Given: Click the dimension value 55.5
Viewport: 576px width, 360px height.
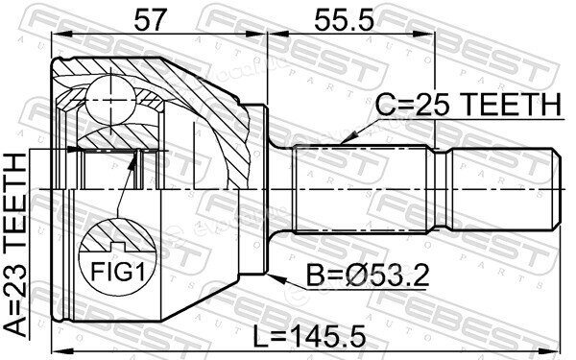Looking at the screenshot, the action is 344,20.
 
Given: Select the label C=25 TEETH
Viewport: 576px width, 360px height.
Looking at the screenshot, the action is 468,105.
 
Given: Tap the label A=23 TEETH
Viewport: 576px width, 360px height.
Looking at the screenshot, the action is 16,245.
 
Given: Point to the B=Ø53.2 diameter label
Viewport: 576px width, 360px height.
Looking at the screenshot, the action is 368,276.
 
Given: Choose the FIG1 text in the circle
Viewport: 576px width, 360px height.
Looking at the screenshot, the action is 117,273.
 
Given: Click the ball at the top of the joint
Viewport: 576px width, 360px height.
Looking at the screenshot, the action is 110,99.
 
